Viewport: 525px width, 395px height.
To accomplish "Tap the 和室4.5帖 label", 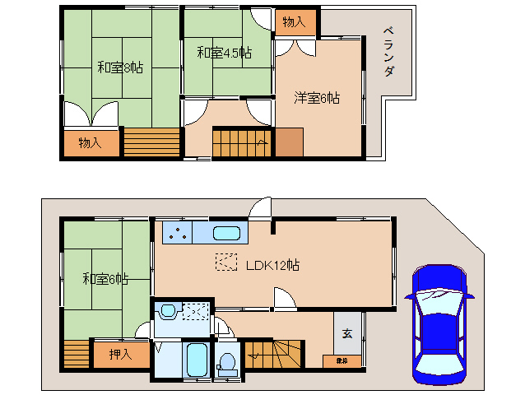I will click(223, 53).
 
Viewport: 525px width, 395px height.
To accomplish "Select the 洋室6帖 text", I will click(318, 98).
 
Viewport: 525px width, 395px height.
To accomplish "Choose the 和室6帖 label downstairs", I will click(105, 279).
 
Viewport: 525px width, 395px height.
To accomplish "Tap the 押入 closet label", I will click(119, 355).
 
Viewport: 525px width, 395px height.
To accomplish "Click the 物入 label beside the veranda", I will click(294, 22).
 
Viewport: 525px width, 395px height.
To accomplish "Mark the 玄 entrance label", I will click(347, 333).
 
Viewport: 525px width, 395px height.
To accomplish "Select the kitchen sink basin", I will click(225, 234).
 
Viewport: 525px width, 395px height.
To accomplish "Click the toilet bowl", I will click(225, 363).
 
